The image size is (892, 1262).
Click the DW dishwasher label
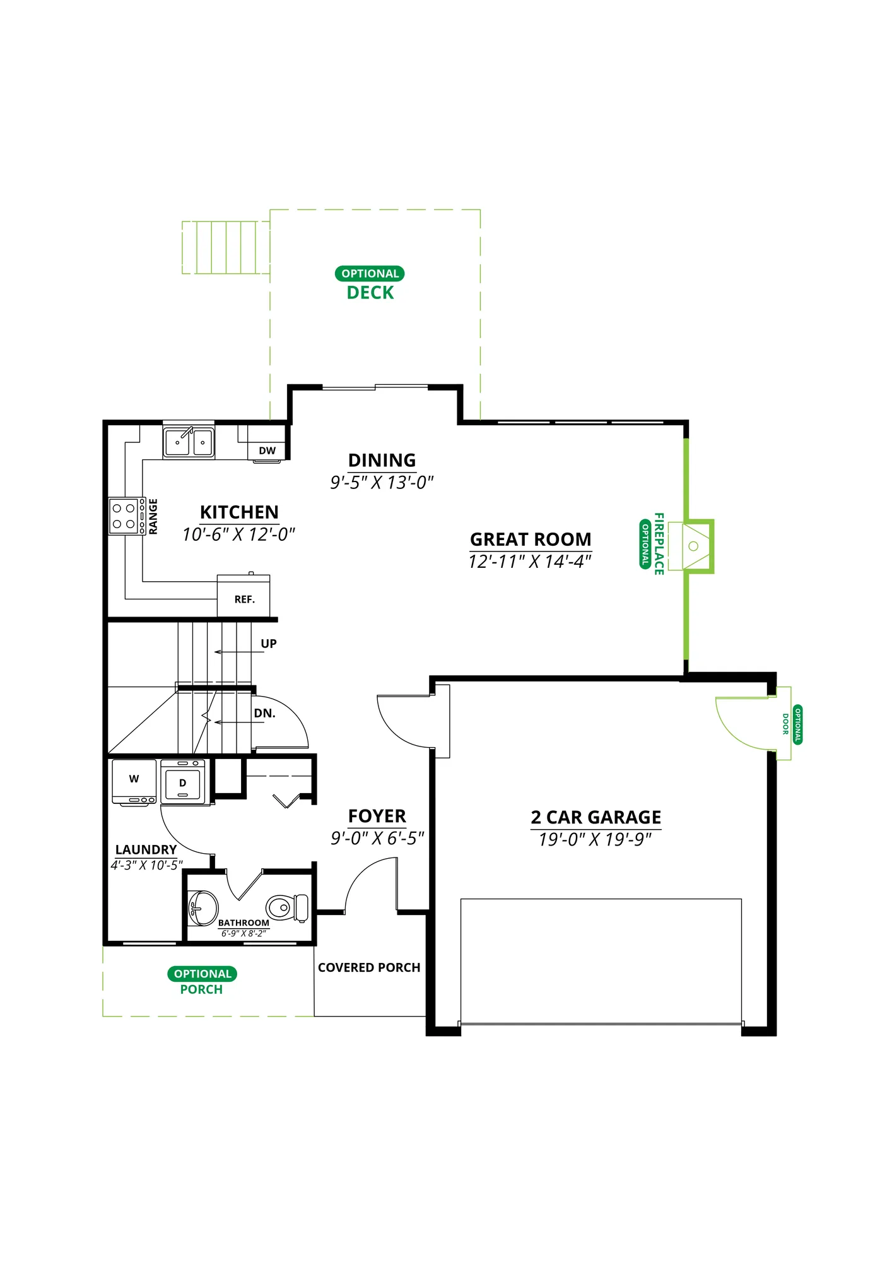[267, 451]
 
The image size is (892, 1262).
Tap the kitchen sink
[189, 441]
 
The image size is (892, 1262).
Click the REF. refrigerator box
[244, 596]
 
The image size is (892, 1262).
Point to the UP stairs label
[269, 644]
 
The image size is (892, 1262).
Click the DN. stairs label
[265, 714]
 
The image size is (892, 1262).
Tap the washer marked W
[134, 782]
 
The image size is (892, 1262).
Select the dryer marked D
[183, 782]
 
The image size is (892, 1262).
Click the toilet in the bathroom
[288, 908]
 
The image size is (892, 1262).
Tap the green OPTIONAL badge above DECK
[370, 274]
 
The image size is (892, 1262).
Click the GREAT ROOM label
[531, 540]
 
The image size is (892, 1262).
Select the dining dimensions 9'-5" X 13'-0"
[382, 483]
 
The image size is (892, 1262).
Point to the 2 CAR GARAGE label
[596, 817]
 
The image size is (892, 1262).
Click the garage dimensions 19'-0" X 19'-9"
[596, 840]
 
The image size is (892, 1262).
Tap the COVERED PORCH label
[369, 967]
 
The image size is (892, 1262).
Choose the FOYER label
[377, 817]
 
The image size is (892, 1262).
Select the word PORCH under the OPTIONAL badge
[201, 989]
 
